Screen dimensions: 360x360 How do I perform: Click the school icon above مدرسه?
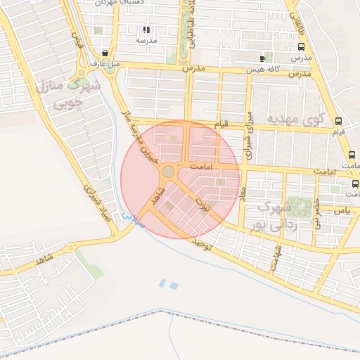coord(146,30)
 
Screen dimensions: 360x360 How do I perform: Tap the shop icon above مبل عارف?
coord(105,53)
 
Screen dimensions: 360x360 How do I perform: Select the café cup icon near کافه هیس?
coord(262,58)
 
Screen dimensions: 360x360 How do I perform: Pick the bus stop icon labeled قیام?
coord(339,121)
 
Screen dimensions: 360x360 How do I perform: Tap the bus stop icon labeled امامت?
coord(351,155)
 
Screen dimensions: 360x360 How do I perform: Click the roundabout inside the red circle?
coord(168,171)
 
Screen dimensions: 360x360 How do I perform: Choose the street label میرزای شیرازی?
coord(247,134)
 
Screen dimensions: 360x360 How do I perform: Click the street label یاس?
coord(342,210)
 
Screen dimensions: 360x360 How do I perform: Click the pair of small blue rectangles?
coord(168,284)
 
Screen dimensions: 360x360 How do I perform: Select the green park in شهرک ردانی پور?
coord(300,208)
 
